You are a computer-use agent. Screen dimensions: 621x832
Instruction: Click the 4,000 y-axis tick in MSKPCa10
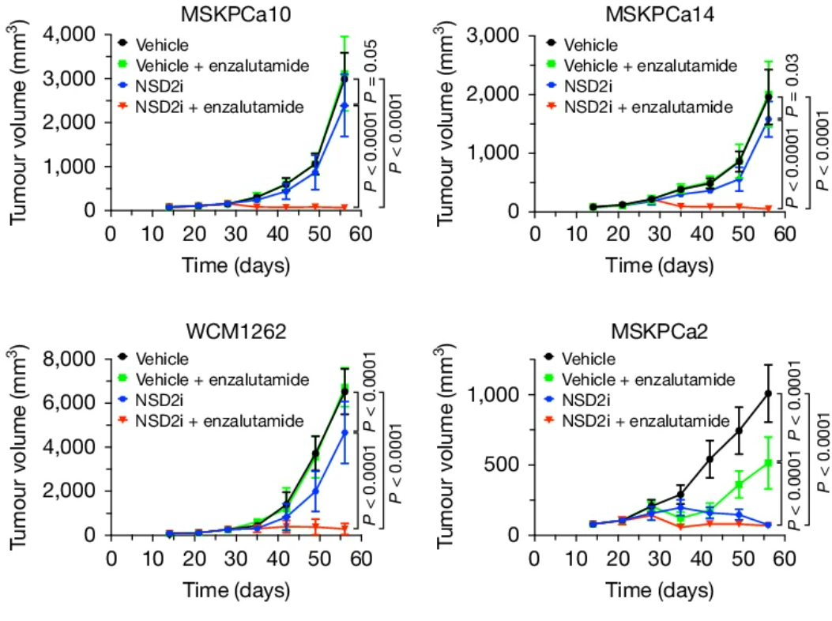point(70,35)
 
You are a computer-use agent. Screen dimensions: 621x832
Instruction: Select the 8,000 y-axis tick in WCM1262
point(70,359)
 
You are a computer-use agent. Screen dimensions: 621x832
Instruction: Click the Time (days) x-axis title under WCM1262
point(235,590)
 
